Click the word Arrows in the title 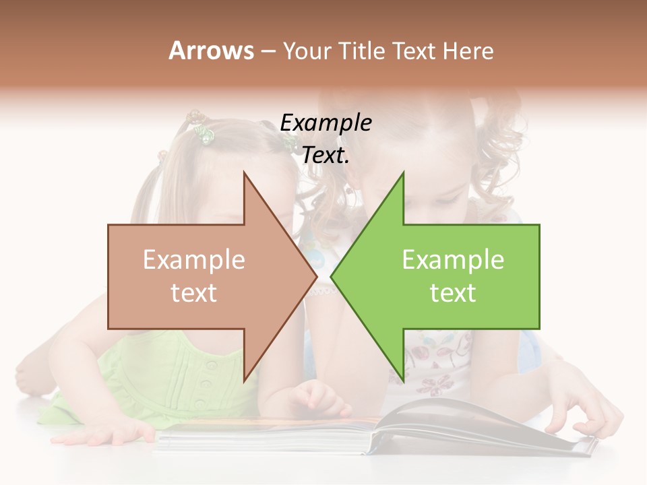tap(211, 51)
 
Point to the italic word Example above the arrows tap(326, 123)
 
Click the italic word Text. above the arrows tap(326, 156)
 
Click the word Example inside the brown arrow tap(194, 260)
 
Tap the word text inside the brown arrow tap(194, 293)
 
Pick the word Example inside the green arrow tap(453, 260)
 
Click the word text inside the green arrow tap(453, 293)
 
